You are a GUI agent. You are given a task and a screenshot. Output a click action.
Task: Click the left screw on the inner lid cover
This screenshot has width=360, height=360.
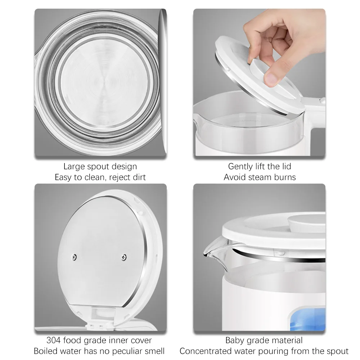75,256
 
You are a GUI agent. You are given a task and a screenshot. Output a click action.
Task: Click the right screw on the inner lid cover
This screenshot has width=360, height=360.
124,257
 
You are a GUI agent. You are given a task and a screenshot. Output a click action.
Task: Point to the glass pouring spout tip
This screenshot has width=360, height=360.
206,255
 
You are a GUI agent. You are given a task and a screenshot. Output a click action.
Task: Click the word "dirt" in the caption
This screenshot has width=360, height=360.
138,177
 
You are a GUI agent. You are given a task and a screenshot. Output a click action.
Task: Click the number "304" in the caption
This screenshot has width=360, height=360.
54,340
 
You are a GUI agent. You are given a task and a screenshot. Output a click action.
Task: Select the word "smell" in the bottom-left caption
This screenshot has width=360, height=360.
154,351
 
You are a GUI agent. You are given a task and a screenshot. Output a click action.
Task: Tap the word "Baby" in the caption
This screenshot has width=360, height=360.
234,340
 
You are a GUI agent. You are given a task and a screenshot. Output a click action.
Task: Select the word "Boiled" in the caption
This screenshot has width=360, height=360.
46,351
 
